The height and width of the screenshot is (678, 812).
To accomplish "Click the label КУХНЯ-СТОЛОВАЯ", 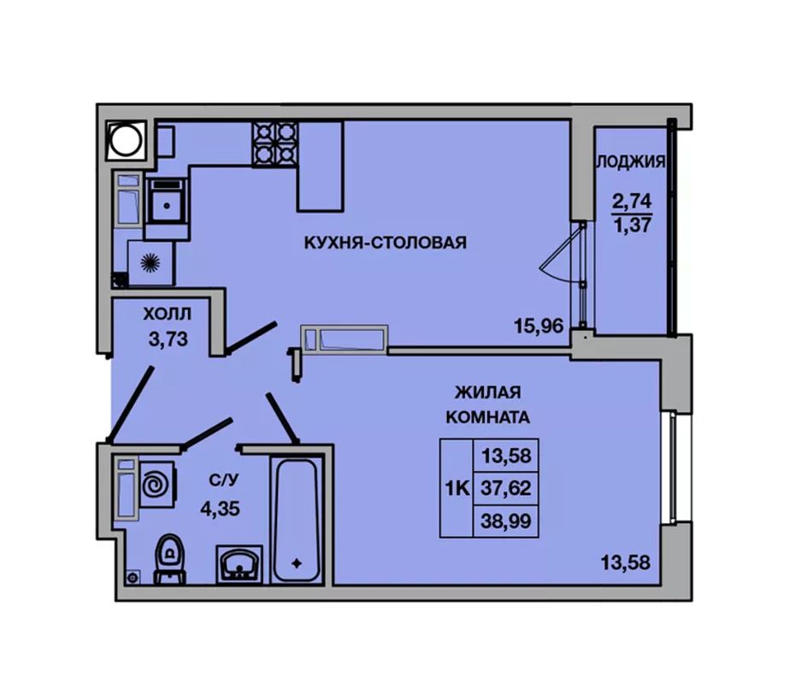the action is (x=385, y=243).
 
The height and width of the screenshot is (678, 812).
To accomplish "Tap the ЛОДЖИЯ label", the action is (x=631, y=162).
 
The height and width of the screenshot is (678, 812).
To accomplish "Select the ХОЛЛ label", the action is (x=168, y=314).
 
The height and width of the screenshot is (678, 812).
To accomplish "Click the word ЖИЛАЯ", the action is (x=487, y=392).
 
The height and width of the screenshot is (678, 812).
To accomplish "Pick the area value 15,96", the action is (x=538, y=326).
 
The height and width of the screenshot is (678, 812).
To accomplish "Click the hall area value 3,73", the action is (x=168, y=339).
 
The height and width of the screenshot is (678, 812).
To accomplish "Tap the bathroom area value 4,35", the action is (x=220, y=509).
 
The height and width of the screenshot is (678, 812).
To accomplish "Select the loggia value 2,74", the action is (x=632, y=200).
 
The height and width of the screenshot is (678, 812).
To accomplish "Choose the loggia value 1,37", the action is (x=633, y=226).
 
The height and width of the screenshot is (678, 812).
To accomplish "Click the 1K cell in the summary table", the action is (x=457, y=488).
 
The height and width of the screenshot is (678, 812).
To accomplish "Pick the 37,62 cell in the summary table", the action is (x=506, y=488).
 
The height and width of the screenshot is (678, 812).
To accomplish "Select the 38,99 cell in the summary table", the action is (x=506, y=521).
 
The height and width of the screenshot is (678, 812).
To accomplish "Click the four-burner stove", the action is (x=275, y=144).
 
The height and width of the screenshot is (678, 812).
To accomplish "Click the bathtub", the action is (x=295, y=521).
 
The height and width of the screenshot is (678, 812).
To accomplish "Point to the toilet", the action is (x=170, y=558).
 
